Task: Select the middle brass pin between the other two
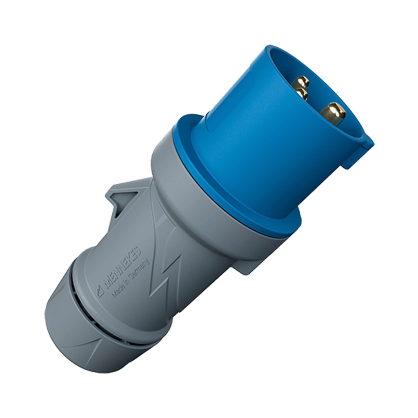click(x=301, y=94)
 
